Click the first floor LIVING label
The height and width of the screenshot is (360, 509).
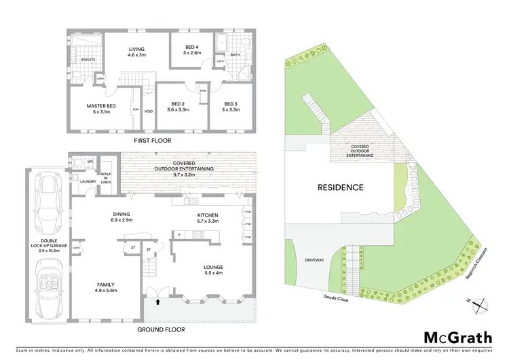(138, 48)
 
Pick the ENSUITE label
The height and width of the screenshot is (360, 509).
(88, 60)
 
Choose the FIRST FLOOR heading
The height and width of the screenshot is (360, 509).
(152, 141)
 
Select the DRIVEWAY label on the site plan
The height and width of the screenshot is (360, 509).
(315, 259)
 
